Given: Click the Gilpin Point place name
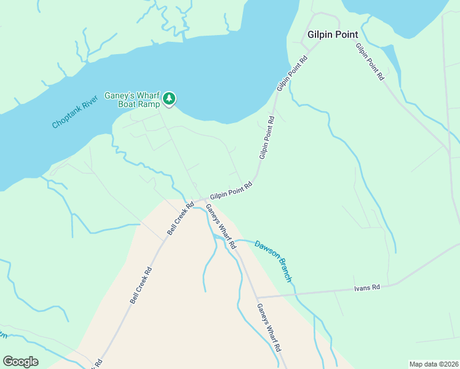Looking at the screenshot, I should (332, 34).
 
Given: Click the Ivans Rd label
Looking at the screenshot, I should (367, 287).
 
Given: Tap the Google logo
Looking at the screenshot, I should (20, 362).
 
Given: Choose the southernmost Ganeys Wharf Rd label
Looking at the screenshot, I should (269, 328).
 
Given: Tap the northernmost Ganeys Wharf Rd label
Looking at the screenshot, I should (221, 226).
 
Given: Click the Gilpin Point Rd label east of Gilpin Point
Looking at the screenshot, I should (370, 62).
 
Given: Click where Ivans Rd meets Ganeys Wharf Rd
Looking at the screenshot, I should (256, 297).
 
